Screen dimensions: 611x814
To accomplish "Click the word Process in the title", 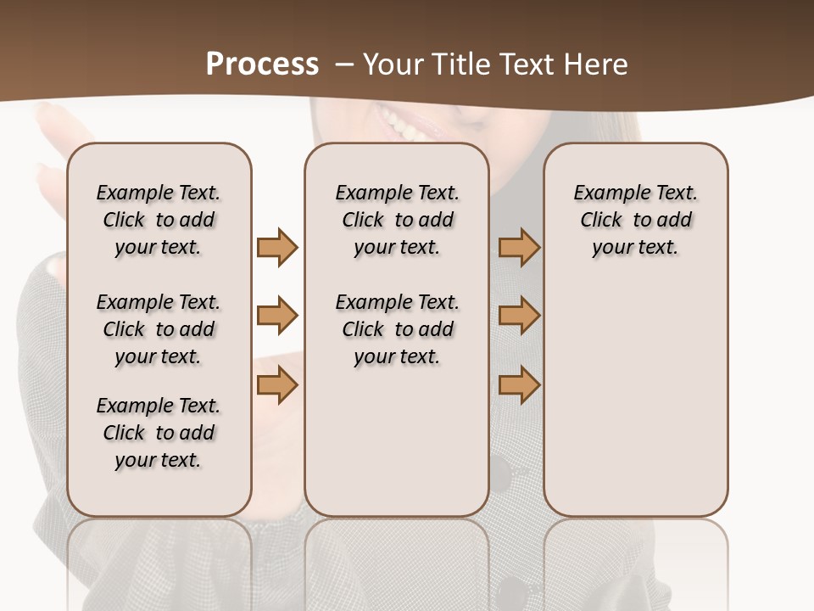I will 262,64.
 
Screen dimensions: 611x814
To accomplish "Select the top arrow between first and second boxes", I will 277,247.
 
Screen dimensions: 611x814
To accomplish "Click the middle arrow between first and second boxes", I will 277,316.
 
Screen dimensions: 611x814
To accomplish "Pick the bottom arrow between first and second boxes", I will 277,385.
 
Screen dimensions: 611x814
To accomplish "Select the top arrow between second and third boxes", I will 519,247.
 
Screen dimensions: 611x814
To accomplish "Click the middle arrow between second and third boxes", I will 519,316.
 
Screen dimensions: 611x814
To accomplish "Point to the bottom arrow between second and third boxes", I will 519,385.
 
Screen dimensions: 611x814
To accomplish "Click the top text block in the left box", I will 159,220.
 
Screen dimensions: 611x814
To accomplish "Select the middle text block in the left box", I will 159,329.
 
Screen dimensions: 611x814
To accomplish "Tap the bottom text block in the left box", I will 159,433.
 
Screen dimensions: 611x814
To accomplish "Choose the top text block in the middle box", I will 397,220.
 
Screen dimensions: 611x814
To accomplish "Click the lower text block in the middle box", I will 397,329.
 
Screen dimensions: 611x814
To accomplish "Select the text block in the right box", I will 635,220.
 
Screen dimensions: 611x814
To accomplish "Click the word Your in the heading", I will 393,64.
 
